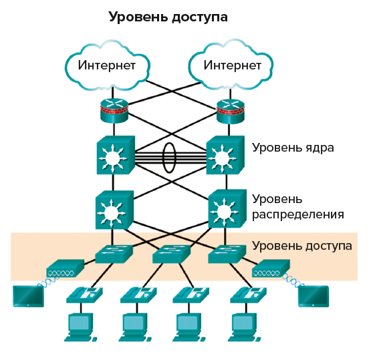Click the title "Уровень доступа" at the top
point(168,17)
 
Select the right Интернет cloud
point(231,65)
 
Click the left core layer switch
point(116,156)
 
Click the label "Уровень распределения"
point(297,207)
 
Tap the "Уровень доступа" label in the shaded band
point(302,246)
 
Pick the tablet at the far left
point(27,295)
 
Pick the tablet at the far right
point(312,295)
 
